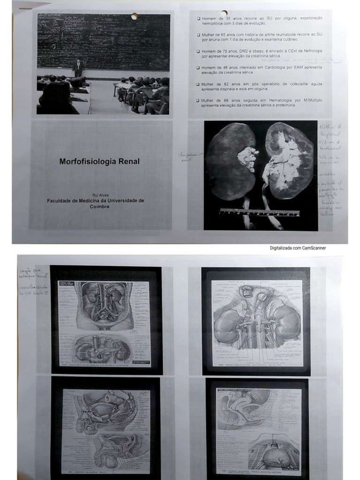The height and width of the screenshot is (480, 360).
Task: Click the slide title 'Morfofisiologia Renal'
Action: tap(99, 162)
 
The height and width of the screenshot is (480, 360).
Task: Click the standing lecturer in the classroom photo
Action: tap(78, 68)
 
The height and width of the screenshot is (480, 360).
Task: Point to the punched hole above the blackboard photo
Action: tap(135, 16)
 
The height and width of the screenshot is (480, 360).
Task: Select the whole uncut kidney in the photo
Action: tap(230, 162)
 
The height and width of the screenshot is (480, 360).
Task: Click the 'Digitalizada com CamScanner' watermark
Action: tap(297, 248)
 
